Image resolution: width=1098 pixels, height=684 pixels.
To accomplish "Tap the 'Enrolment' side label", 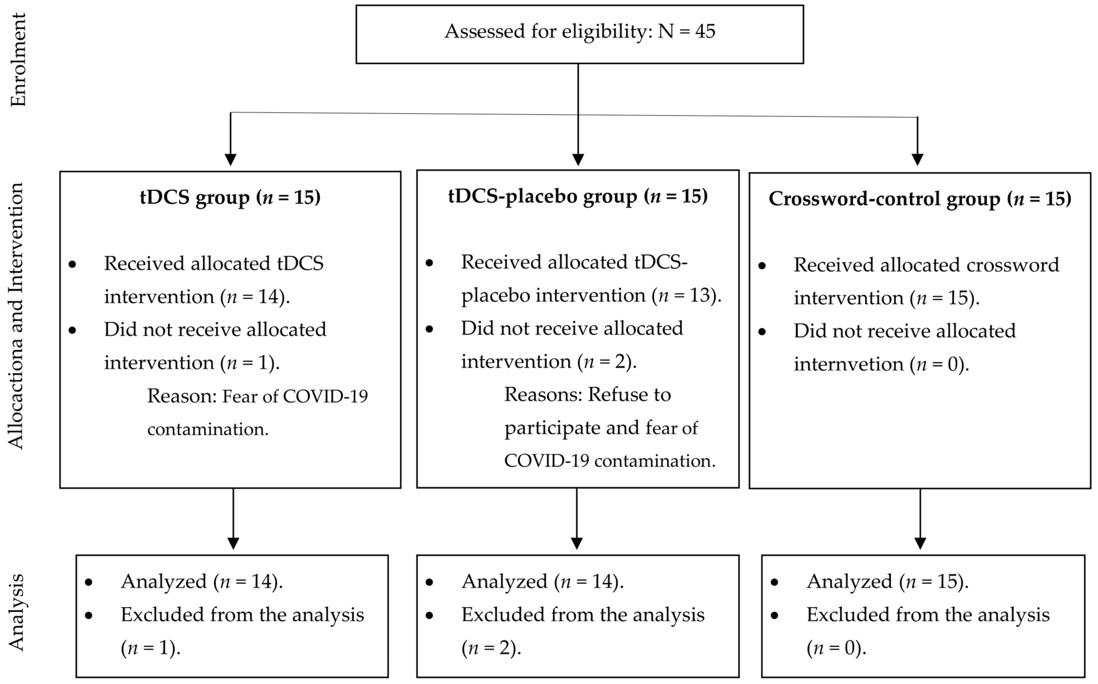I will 18,60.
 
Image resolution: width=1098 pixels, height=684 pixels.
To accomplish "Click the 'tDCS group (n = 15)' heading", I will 230,198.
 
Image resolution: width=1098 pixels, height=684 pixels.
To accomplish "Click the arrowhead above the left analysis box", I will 233,543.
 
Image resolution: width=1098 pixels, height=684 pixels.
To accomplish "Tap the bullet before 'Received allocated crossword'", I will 762,266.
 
